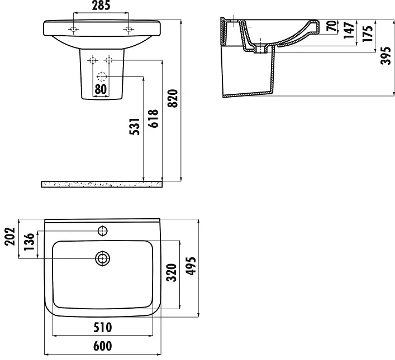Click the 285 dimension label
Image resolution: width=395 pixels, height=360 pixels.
click(101, 6)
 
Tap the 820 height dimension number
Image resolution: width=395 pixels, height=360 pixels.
click(173, 98)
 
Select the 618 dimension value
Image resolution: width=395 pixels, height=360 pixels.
click(154, 118)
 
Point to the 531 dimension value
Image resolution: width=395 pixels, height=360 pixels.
click(135, 126)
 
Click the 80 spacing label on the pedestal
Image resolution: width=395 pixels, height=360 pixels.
click(101, 89)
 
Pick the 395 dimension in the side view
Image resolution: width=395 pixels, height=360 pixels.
click(386, 56)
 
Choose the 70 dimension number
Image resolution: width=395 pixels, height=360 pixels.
click(332, 26)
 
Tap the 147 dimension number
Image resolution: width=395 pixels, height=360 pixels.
click(349, 30)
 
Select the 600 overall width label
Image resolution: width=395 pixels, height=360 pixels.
click(103, 346)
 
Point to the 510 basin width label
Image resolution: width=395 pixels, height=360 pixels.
click(103, 328)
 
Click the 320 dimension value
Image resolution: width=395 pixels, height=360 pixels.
click(172, 272)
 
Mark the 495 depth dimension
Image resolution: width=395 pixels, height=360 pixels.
click(191, 266)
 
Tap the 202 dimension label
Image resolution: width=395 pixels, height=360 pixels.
click(10, 237)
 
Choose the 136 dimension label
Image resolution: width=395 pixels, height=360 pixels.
click(29, 242)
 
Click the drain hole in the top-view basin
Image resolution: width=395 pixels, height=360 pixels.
click(103, 258)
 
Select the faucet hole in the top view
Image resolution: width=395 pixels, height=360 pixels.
click(103, 231)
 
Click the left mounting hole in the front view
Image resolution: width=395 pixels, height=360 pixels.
click(74, 29)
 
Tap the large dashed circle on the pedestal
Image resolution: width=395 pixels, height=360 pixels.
click(102, 76)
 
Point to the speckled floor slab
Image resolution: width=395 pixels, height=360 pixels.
click(102, 184)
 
